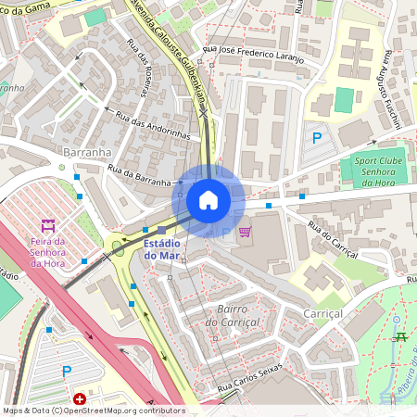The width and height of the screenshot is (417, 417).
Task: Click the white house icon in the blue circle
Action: tap(208, 199)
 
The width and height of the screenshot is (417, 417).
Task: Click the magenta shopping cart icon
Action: tap(245, 232)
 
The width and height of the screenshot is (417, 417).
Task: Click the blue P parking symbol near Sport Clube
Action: tap(317, 138)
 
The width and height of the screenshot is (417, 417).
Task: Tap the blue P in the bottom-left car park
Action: tap(66, 372)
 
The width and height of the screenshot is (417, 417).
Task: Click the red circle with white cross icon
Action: tap(80, 399)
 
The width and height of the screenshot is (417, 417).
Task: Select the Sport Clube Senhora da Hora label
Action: tap(380, 171)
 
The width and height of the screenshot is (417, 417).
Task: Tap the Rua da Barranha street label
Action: tap(140, 176)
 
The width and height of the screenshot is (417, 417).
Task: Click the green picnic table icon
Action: tap(400, 337)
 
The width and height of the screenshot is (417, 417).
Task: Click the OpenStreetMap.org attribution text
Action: tap(120, 410)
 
